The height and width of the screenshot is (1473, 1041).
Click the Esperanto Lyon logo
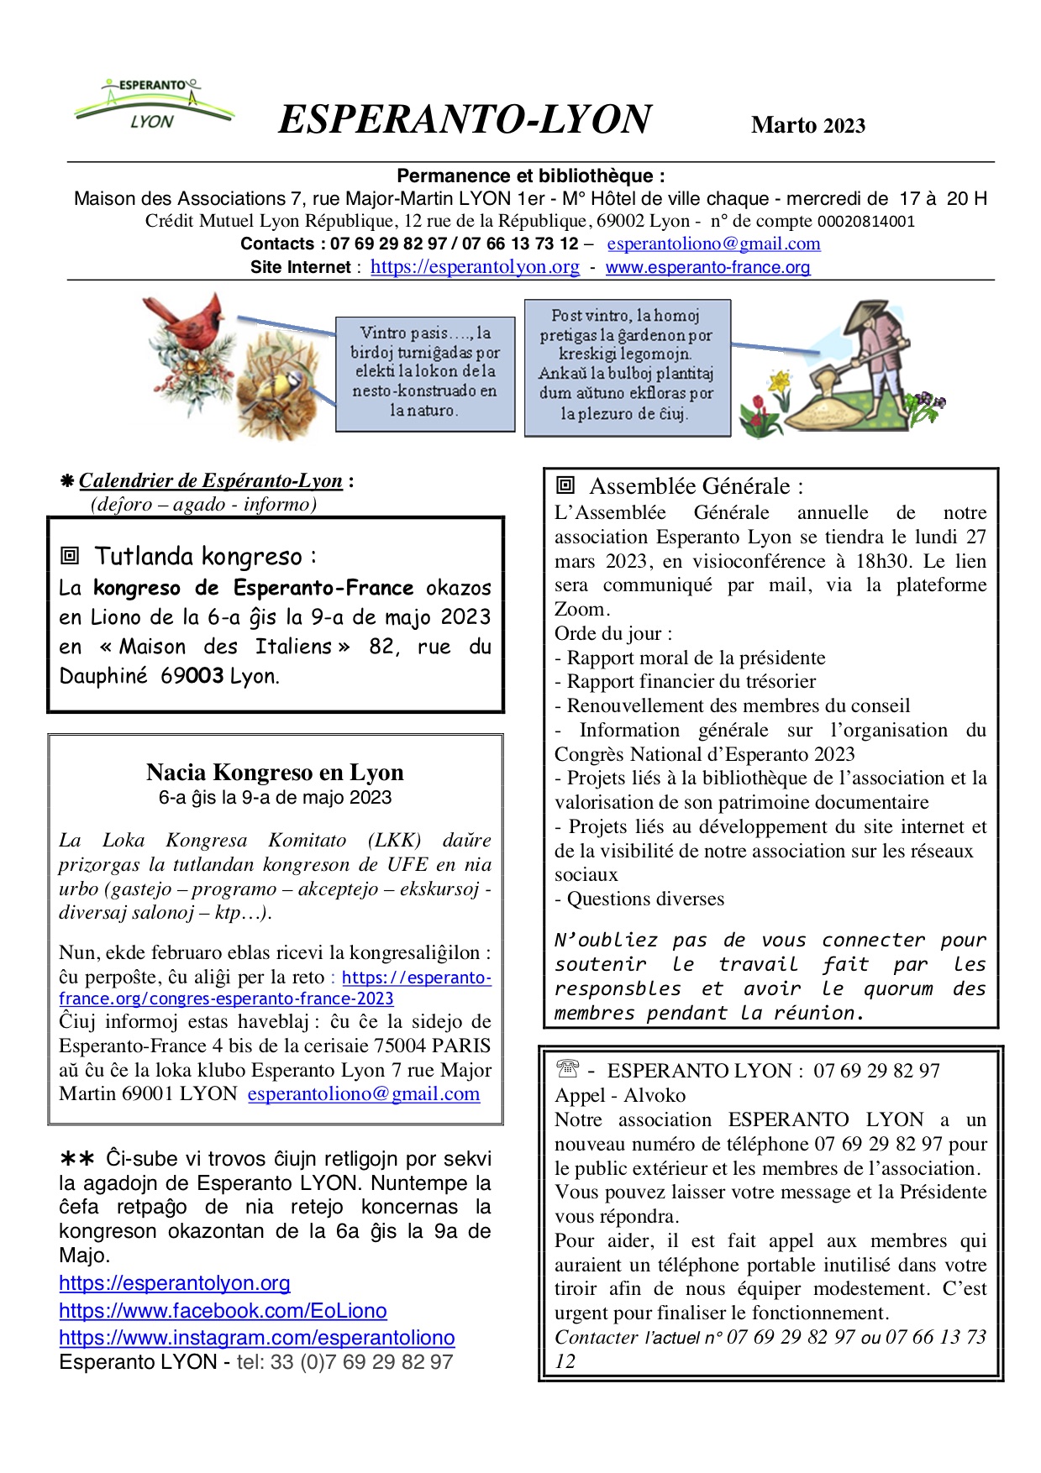[x=153, y=105]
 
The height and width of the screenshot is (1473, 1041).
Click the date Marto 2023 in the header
[x=807, y=125]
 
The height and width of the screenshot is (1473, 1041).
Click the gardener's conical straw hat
[x=866, y=317]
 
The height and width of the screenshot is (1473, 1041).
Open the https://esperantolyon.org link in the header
[x=475, y=267]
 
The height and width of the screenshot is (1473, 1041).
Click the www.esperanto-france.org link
[x=707, y=267]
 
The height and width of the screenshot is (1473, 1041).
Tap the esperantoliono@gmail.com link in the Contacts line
[x=713, y=244]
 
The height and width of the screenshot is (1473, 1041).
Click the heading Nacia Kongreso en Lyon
[x=275, y=772]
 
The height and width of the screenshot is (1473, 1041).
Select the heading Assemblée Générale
[x=696, y=486]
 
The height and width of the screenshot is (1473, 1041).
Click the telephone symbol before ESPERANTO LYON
[x=568, y=1069]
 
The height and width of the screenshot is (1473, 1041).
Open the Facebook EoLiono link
[x=223, y=1311]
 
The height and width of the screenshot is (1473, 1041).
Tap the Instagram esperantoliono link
[x=256, y=1338]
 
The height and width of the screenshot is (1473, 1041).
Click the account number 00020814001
[x=866, y=222]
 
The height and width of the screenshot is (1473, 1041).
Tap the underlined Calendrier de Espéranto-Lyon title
[x=210, y=481]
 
